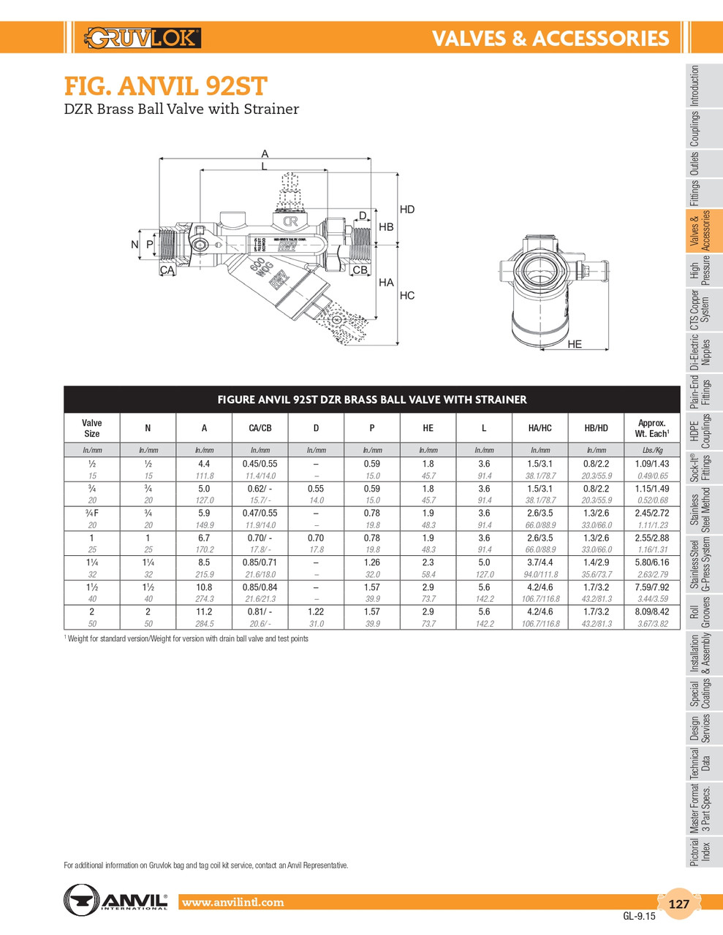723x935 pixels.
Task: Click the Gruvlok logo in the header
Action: [143, 38]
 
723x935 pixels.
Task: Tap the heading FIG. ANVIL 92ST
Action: [165, 86]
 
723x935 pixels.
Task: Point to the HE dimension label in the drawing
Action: [575, 344]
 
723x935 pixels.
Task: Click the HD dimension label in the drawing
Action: [407, 210]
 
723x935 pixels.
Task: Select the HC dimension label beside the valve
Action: [407, 295]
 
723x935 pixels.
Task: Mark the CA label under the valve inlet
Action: [167, 270]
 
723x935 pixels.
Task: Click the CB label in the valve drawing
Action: [360, 270]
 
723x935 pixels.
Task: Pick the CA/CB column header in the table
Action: [260, 428]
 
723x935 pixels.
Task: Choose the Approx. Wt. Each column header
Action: [651, 428]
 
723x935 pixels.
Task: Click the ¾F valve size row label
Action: [92, 513]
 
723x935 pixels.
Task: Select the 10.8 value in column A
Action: [204, 587]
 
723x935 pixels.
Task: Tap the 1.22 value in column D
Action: [316, 611]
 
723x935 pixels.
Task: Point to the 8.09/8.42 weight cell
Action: [652, 611]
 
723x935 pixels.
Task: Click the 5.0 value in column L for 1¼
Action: [484, 562]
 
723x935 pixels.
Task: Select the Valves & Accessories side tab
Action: [700, 231]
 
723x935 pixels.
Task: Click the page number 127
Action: [678, 904]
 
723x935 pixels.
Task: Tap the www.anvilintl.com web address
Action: [232, 902]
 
